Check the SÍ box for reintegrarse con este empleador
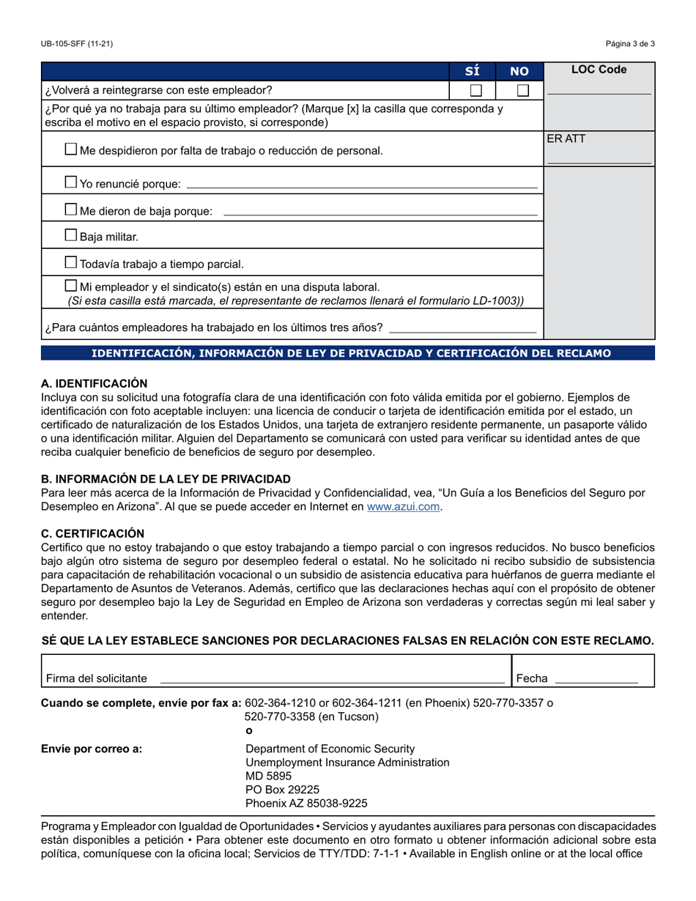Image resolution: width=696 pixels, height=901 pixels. pyautogui.click(x=476, y=91)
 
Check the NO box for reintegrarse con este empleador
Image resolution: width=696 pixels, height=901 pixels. pyautogui.click(x=522, y=91)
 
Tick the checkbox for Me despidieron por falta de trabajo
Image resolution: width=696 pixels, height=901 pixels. pyautogui.click(x=70, y=149)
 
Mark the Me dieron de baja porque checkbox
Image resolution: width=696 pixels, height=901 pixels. pyautogui.click(x=70, y=210)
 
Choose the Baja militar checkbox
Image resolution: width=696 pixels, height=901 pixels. pyautogui.click(x=70, y=236)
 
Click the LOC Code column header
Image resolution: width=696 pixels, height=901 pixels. pyautogui.click(x=599, y=70)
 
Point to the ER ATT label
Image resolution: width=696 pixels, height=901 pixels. pyautogui.click(x=566, y=138)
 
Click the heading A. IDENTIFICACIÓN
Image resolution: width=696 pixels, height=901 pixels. pyautogui.click(x=94, y=383)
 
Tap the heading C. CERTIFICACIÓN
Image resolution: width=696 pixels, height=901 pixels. pyautogui.click(x=92, y=533)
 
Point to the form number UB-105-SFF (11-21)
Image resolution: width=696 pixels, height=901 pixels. pyautogui.click(x=77, y=44)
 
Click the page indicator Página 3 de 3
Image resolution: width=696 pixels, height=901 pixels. pyautogui.click(x=630, y=44)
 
